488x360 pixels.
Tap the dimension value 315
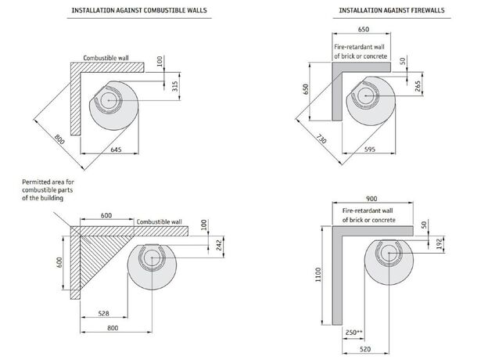(x=162, y=85)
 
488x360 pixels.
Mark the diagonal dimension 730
(x=319, y=138)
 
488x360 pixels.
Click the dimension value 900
(x=371, y=199)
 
